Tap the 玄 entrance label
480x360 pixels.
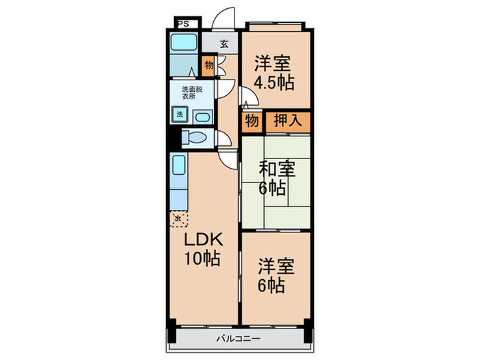(x=224, y=44)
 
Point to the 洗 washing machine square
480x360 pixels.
(x=179, y=114)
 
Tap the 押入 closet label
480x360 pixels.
(x=287, y=121)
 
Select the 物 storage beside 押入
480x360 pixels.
(x=251, y=121)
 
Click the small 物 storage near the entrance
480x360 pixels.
(x=208, y=66)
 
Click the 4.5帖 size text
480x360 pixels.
(x=274, y=83)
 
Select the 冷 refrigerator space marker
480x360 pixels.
(x=178, y=218)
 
